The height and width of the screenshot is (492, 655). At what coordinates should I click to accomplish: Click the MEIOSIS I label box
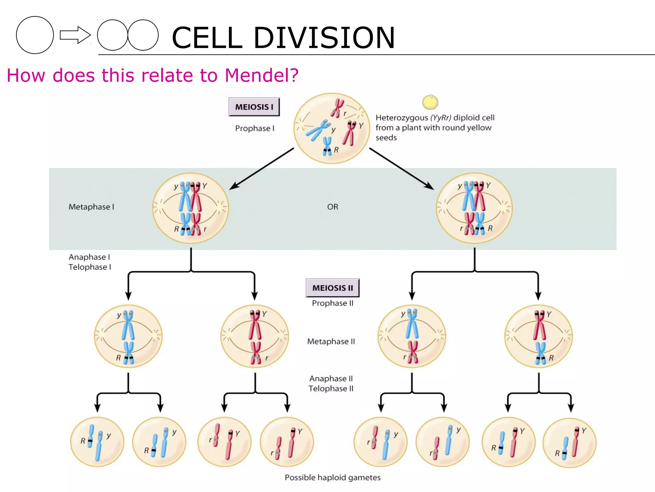click(254, 107)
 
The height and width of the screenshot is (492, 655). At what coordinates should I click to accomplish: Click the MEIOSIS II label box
click(333, 288)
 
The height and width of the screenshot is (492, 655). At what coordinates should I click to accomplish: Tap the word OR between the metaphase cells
click(333, 207)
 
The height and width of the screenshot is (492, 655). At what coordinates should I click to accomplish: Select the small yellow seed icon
click(430, 102)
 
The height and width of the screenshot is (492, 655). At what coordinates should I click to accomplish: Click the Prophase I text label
click(255, 128)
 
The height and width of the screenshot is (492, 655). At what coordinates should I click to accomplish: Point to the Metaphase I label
click(91, 207)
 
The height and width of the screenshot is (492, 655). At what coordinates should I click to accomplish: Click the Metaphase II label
click(331, 341)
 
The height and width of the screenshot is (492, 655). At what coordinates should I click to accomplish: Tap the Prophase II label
click(333, 303)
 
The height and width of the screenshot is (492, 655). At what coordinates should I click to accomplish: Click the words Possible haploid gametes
click(333, 478)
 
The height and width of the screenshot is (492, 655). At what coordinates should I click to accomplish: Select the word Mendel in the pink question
click(261, 76)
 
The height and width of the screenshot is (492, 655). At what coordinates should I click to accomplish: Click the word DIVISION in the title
click(324, 38)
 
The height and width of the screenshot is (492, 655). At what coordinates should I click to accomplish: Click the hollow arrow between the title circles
click(75, 35)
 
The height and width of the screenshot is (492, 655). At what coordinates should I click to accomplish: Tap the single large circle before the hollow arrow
click(35, 35)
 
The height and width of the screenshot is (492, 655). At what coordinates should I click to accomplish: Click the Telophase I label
click(90, 267)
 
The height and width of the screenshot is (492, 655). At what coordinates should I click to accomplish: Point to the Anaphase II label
click(331, 379)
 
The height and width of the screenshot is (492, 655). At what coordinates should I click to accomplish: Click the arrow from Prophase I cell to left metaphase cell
click(262, 168)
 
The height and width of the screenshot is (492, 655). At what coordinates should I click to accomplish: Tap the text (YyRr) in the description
click(441, 118)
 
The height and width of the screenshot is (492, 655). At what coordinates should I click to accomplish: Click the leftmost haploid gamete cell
click(97, 442)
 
